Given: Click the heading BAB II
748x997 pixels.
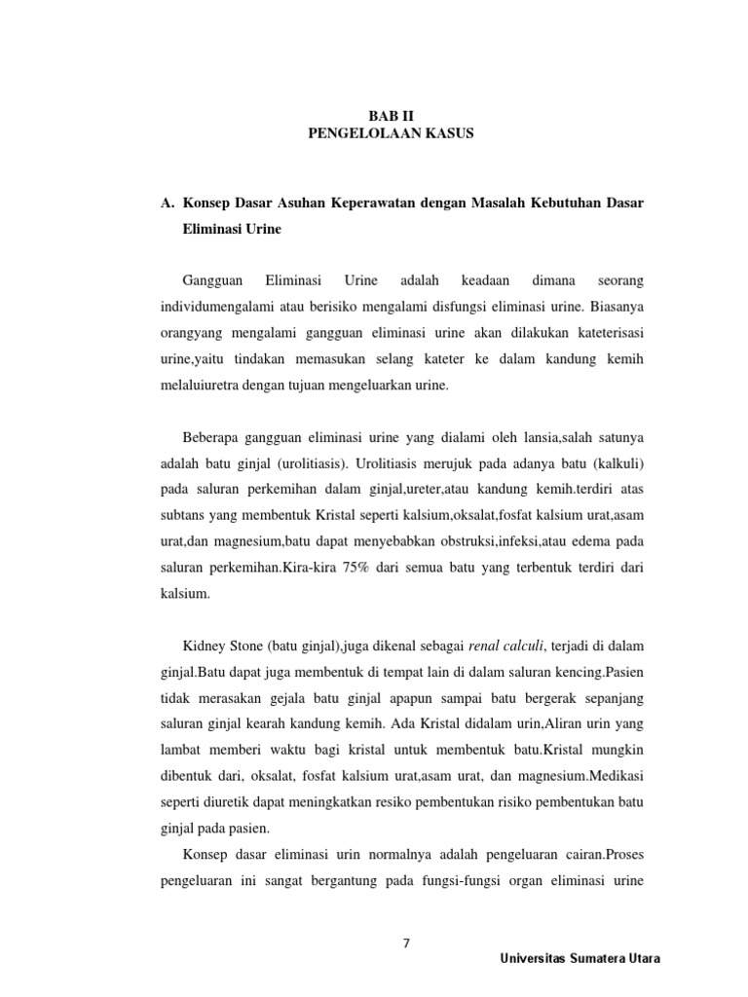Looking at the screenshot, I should (x=391, y=115).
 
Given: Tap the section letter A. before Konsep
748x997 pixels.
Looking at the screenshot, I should (x=165, y=203).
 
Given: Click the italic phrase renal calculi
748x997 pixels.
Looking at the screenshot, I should (x=505, y=646).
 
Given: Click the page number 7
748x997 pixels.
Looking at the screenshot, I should (x=407, y=942).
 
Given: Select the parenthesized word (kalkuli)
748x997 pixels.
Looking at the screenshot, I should (x=611, y=462).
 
